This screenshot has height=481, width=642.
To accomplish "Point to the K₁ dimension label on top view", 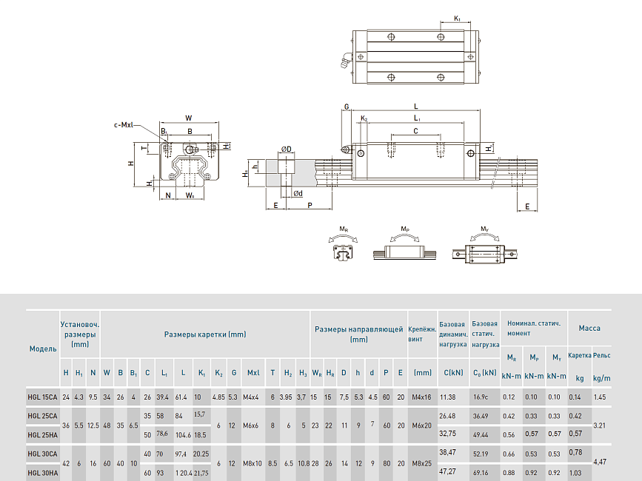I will (x=457, y=18).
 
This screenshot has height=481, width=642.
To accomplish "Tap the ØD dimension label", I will (x=285, y=149).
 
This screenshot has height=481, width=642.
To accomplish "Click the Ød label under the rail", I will (x=297, y=194).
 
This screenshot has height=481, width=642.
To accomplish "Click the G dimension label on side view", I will (x=347, y=107).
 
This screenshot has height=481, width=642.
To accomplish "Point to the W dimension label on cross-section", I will (x=189, y=118).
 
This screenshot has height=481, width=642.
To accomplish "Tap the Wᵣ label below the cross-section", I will (x=190, y=195).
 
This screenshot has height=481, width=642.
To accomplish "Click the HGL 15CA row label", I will (x=42, y=397).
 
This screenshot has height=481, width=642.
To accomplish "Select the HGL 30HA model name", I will (x=42, y=471).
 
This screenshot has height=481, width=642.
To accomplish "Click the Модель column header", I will (x=42, y=348).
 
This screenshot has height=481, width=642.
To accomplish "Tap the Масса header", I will (x=589, y=328).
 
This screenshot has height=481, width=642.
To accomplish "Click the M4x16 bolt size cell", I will (x=423, y=397).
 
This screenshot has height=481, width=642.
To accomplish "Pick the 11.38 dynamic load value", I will (x=447, y=397).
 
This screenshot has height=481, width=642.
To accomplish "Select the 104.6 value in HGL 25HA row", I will (x=183, y=434).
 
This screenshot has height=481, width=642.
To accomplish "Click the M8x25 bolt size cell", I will (x=423, y=462).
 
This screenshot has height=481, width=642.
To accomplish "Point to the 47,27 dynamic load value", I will (x=448, y=471).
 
